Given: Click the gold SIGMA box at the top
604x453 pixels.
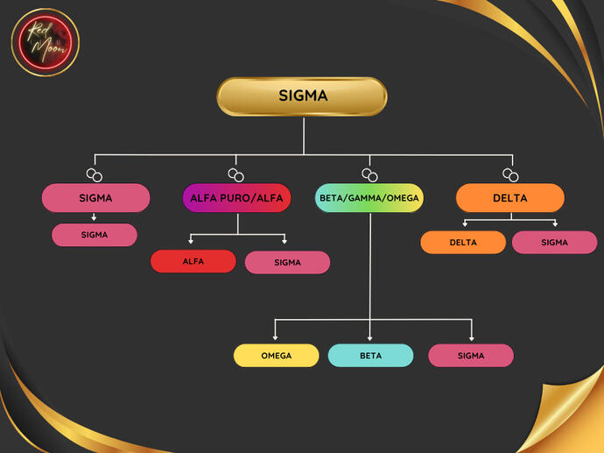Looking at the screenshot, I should click(302, 96).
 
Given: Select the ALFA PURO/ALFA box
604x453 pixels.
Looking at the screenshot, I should click(237, 198).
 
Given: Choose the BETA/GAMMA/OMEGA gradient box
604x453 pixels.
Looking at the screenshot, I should click(369, 198).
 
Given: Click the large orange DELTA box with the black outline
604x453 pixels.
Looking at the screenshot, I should click(509, 198).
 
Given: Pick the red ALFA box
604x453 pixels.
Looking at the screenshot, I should click(193, 261).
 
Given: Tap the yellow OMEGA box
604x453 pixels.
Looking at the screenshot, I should click(276, 356).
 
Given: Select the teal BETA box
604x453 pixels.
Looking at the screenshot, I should click(370, 356).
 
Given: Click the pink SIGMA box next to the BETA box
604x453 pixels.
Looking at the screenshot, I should click(470, 356).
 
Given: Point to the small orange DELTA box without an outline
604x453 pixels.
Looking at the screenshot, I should click(463, 243).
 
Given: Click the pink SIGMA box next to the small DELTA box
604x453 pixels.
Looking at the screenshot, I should click(554, 243).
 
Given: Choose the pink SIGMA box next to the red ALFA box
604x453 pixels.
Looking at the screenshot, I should click(287, 262).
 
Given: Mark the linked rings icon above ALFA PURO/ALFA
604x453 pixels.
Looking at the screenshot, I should click(235, 174).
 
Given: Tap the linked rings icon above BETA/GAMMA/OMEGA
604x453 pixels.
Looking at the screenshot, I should click(369, 174).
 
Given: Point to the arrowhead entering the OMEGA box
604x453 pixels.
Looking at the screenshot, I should click(276, 337).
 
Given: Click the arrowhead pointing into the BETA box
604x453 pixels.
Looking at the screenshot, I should click(370, 337).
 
